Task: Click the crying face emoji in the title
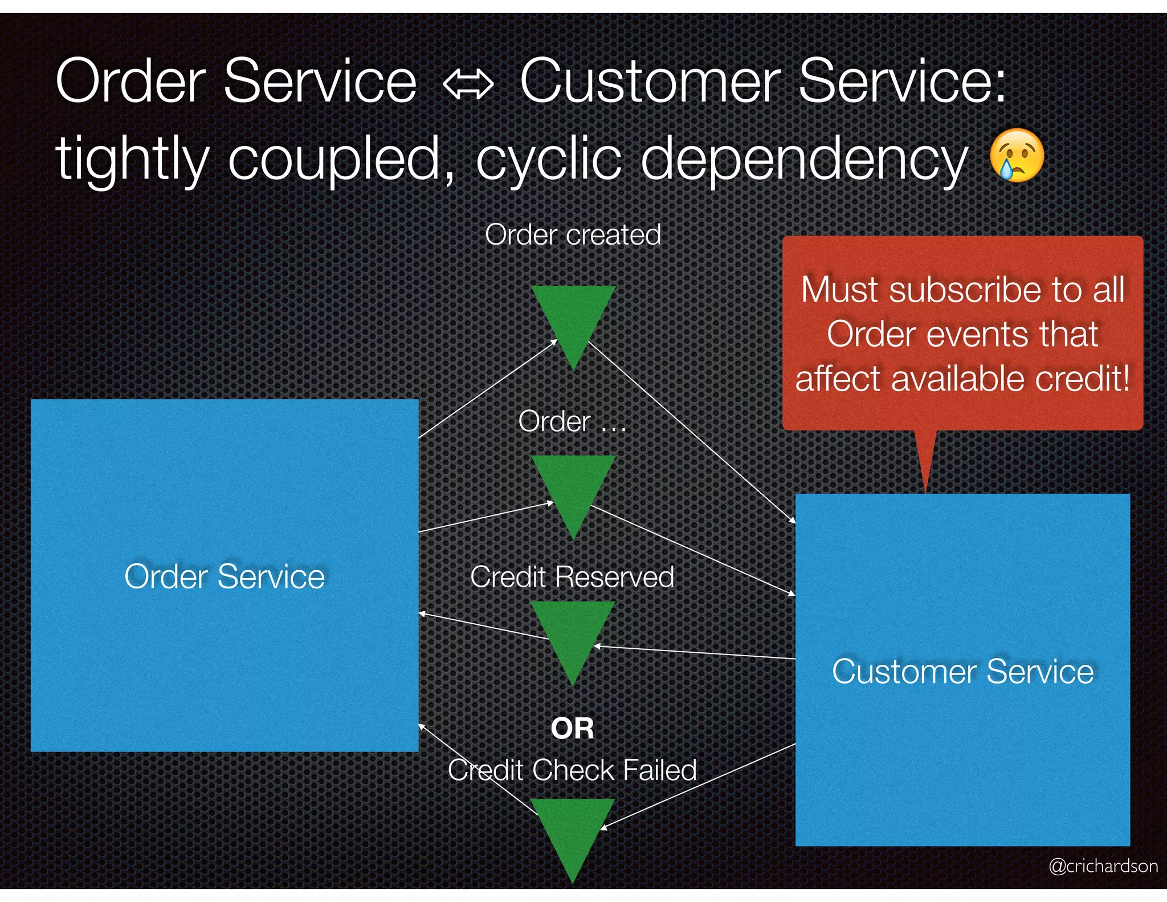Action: (1017, 155)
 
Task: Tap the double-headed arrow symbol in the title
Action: (468, 85)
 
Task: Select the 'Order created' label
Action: (573, 234)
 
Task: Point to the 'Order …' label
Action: (572, 421)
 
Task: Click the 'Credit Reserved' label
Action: (572, 576)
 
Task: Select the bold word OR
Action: (573, 729)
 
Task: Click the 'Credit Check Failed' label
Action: (572, 770)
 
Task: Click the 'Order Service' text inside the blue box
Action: (225, 576)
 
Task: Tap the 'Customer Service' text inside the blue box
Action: (962, 671)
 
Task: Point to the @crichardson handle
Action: (1103, 866)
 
